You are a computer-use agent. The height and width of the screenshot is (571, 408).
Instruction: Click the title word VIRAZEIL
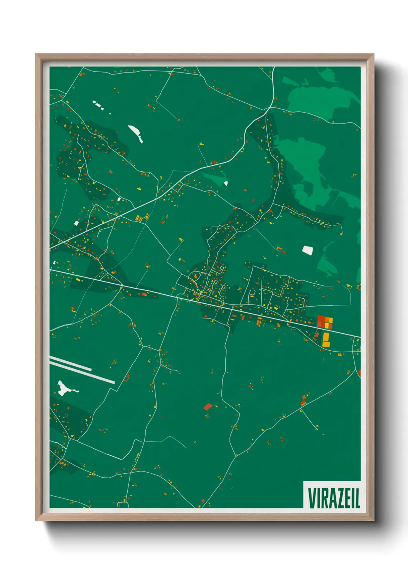334,498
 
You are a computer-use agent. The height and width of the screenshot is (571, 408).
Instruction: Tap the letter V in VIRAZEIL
312,498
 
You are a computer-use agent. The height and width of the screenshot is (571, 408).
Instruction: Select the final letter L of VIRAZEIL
357,498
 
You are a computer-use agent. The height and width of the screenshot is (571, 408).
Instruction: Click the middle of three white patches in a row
102,107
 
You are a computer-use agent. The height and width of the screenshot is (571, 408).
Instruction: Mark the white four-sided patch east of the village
308,250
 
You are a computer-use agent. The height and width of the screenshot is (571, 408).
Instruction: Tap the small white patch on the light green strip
226,183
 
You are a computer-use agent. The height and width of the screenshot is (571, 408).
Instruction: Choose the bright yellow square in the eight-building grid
327,326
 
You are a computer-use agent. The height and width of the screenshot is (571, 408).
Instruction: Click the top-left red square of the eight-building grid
320,319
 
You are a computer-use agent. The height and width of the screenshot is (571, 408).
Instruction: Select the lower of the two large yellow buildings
326,344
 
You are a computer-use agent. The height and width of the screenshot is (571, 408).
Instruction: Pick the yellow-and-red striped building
139,218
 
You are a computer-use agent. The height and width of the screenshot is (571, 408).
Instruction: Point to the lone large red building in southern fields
208,406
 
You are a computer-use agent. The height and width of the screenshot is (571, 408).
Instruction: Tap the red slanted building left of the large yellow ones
317,336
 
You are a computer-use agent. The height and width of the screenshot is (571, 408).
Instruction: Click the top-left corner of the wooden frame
36,54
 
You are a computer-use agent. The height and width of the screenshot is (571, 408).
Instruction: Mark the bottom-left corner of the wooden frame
36,520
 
